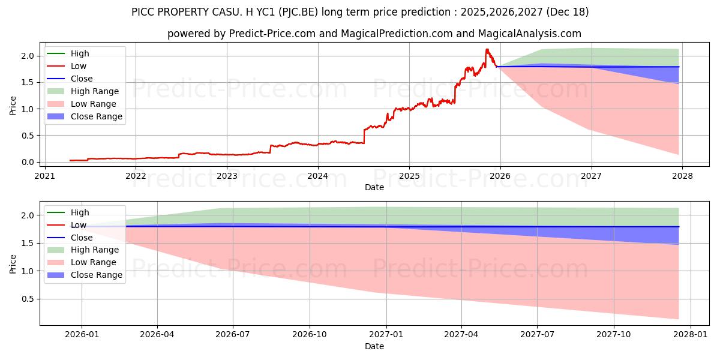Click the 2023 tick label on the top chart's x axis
point(227,176)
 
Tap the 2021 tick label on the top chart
point(44,176)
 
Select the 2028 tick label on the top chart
point(683,176)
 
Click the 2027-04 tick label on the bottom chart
point(461,335)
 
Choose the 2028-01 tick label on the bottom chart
point(691,335)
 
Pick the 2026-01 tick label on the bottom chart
point(82,335)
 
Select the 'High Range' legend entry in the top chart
point(94,91)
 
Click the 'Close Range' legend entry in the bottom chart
point(96,275)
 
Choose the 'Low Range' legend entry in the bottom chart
point(94,262)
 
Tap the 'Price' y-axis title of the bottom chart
point(13,263)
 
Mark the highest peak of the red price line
point(487,49)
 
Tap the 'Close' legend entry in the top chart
point(82,79)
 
